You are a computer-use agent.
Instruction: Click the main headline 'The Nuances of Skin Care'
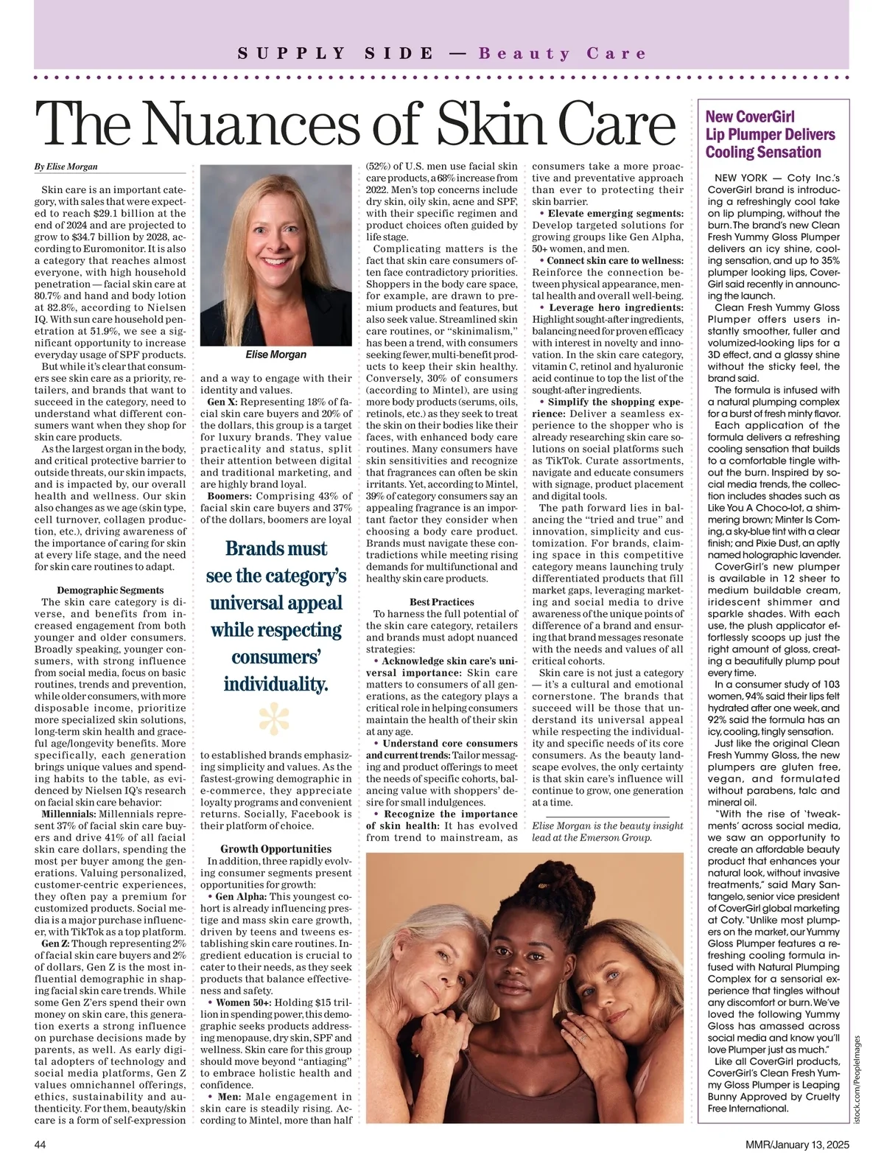[355, 124]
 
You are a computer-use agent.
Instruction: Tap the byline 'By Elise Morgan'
[66, 167]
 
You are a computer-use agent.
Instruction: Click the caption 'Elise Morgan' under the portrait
[276, 355]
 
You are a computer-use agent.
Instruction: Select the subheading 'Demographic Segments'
[110, 590]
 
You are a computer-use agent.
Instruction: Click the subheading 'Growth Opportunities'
[276, 849]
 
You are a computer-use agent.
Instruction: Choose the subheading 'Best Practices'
[442, 602]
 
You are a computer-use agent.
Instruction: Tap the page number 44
[41, 1145]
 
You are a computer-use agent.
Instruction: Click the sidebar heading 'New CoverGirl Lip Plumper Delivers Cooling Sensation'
[770, 134]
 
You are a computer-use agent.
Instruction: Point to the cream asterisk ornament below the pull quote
[275, 719]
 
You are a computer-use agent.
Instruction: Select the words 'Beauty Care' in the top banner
[562, 54]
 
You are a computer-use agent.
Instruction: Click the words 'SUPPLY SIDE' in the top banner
[336, 54]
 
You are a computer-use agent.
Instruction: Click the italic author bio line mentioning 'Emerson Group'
[608, 831]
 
